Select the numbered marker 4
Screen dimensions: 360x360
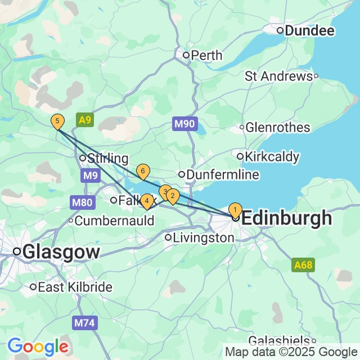(146, 200)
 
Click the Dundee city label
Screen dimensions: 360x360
(309, 30)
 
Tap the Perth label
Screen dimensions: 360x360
(206, 55)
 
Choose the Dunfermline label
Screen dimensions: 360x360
(222, 175)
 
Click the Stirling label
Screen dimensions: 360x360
(107, 159)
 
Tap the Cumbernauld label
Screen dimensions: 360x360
(115, 220)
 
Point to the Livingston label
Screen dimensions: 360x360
(204, 238)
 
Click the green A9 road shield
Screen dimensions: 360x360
(85, 120)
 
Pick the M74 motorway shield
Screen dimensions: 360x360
(81, 323)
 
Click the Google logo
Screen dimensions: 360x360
(37, 346)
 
